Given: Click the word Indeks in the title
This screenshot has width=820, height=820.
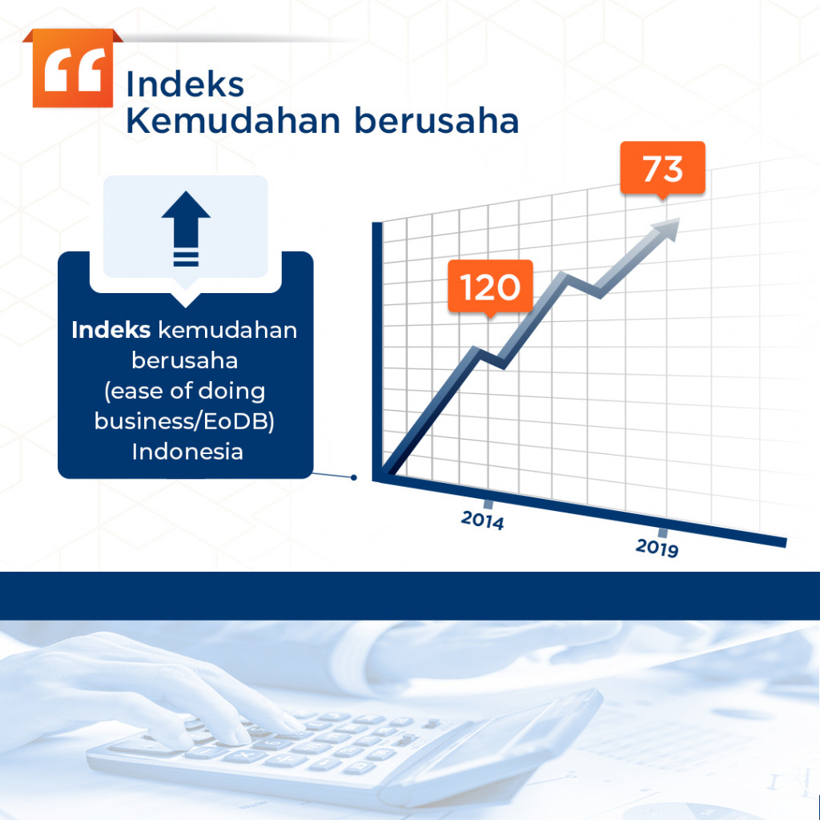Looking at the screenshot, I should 184,85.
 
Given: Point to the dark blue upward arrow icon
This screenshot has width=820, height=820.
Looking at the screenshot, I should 186,227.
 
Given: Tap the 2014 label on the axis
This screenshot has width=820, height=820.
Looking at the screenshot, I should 482,521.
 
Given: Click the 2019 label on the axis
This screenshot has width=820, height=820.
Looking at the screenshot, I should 657,548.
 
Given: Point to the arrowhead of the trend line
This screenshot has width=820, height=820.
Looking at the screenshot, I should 667,228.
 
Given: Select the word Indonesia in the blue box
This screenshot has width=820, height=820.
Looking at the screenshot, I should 187,451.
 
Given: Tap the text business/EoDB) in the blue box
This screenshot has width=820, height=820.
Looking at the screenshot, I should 185,420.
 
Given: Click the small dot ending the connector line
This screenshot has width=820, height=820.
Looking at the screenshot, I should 354,478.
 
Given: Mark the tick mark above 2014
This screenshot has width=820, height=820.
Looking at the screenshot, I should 488,504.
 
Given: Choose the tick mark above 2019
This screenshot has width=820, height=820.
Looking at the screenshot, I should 663,533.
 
